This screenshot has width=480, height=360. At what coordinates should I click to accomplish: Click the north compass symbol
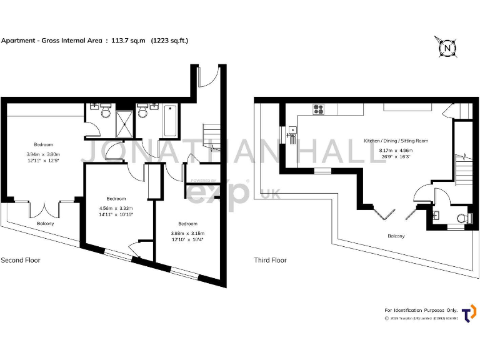pyautogui.click(x=447, y=47)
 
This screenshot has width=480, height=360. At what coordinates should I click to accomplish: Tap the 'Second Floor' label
pyautogui.click(x=21, y=260)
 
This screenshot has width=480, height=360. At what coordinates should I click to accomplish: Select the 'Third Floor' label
pyautogui.click(x=270, y=260)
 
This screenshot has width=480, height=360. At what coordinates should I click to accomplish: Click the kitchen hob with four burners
pyautogui.click(x=319, y=109)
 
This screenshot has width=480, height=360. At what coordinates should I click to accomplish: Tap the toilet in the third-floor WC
pyautogui.click(x=462, y=218)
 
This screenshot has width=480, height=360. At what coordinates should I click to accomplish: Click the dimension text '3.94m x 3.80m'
pyautogui.click(x=44, y=154)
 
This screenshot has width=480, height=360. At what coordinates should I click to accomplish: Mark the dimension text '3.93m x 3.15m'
pyautogui.click(x=187, y=233)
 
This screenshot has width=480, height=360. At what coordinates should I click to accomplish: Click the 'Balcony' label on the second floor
pyautogui.click(x=45, y=223)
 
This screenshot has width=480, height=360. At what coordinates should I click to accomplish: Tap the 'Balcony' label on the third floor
pyautogui.click(x=396, y=236)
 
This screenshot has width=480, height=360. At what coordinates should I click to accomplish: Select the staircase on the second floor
pyautogui.click(x=211, y=136)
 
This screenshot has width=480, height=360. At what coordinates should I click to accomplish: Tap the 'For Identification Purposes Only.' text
pyautogui.click(x=421, y=310)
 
